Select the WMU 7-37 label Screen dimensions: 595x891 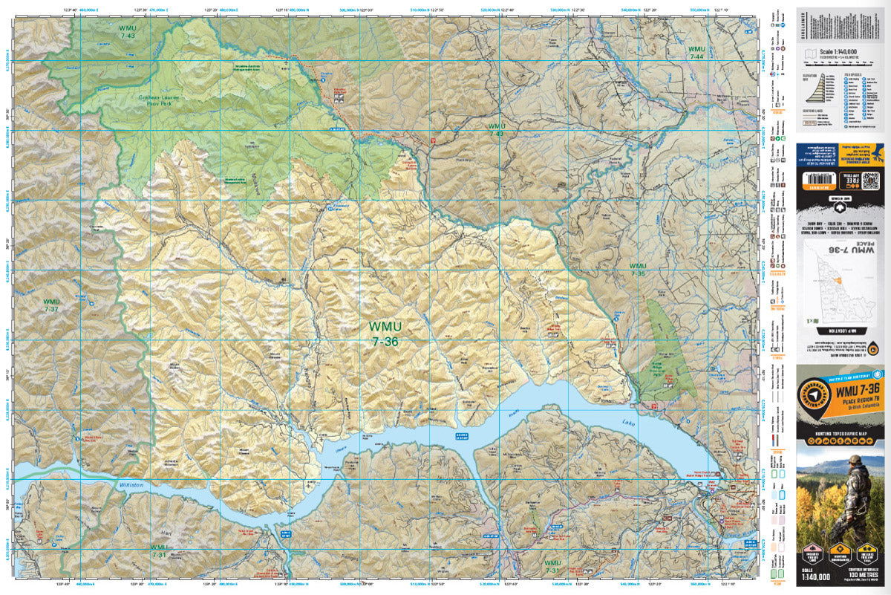50,306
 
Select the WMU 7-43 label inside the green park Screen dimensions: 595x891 127,31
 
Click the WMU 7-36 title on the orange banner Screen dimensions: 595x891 854,389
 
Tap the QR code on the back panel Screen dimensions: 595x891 869,181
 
